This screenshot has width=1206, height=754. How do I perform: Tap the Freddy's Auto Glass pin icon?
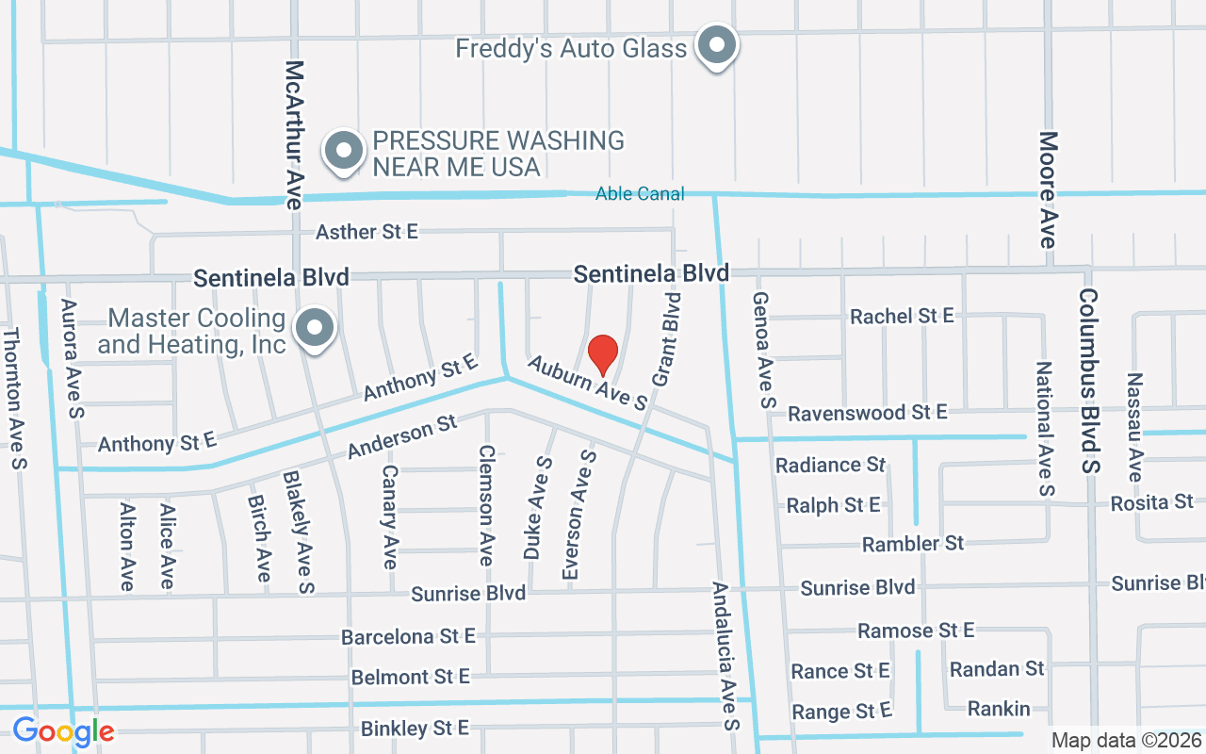tap(717, 45)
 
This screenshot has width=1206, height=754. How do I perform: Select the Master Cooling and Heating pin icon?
tap(315, 329)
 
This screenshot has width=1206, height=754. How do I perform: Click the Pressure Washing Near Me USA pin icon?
tap(344, 151)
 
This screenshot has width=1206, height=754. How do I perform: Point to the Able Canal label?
tap(640, 194)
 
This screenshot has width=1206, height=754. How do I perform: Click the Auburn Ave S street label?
tap(587, 382)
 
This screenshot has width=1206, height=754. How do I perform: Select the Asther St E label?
tap(367, 232)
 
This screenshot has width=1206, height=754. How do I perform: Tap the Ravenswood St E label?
tap(867, 413)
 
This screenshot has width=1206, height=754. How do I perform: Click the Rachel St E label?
tap(902, 316)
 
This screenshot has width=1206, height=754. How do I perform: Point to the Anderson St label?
tap(401, 438)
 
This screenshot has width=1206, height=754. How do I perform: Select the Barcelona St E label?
tap(408, 637)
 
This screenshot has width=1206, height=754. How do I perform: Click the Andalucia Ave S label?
tap(725, 656)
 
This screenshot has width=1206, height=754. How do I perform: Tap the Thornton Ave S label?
tap(14, 398)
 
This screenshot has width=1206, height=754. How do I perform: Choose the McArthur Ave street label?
tap(295, 135)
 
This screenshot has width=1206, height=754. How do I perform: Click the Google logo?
tap(63, 730)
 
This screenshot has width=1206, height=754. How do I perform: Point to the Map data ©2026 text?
tap(1126, 741)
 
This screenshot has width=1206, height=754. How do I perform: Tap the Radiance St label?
tap(830, 465)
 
